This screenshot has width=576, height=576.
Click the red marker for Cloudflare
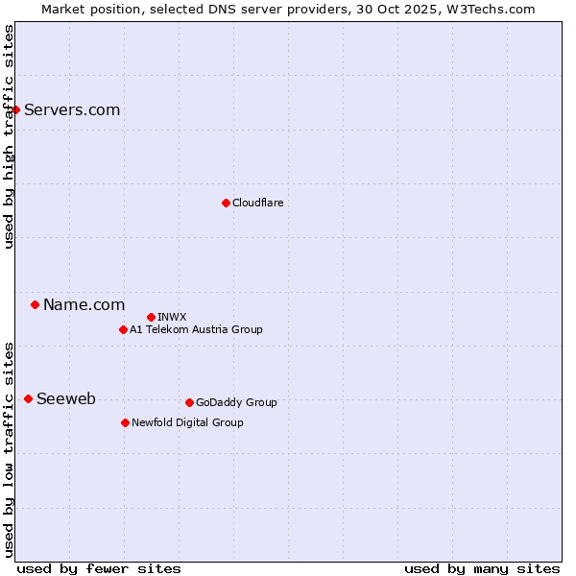pyautogui.click(x=226, y=203)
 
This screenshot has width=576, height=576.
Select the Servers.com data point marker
pyautogui.click(x=15, y=109)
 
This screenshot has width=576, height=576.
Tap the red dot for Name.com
pyautogui.click(x=35, y=304)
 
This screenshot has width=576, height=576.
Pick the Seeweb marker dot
pyautogui.click(x=28, y=398)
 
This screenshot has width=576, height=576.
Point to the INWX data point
pyautogui.click(x=151, y=317)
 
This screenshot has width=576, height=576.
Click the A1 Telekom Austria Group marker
pyautogui.click(x=123, y=329)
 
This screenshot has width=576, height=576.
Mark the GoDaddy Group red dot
pyautogui.click(x=189, y=402)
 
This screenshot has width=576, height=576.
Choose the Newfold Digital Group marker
pyautogui.click(x=125, y=422)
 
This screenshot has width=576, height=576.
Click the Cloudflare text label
pyautogui.click(x=257, y=203)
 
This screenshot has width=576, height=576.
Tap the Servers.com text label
pyautogui.click(x=72, y=109)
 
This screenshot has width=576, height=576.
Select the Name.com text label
pyautogui.click(x=84, y=304)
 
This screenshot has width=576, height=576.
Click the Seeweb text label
pyautogui.click(x=65, y=398)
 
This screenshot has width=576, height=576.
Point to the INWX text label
pyautogui.click(x=172, y=317)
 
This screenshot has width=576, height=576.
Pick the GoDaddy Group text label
pyautogui.click(x=236, y=402)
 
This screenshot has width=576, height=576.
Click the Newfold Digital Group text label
pyautogui.click(x=187, y=422)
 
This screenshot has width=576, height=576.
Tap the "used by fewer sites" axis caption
pyautogui.click(x=99, y=568)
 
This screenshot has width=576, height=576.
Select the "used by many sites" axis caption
pyautogui.click(x=482, y=568)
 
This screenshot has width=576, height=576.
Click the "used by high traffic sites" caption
pyautogui.click(x=9, y=136)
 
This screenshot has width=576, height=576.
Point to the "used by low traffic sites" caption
pyautogui.click(x=9, y=448)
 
